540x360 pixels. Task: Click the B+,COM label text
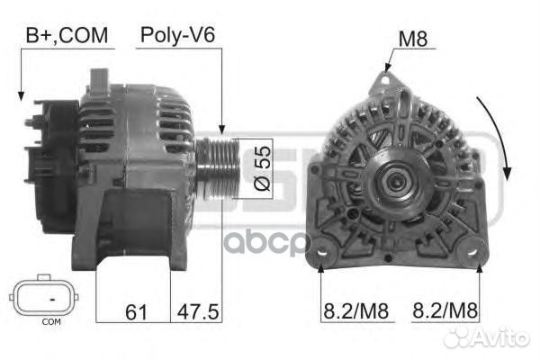point(67,35)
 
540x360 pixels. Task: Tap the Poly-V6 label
point(177,35)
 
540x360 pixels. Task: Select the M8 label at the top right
point(413,39)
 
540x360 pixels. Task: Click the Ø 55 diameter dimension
point(263,168)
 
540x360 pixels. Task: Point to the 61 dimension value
point(137,312)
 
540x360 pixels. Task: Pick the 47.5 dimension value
point(198,312)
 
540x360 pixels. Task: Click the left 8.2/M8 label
point(355,310)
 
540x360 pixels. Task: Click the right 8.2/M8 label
point(445,310)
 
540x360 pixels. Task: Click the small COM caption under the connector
point(51,322)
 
